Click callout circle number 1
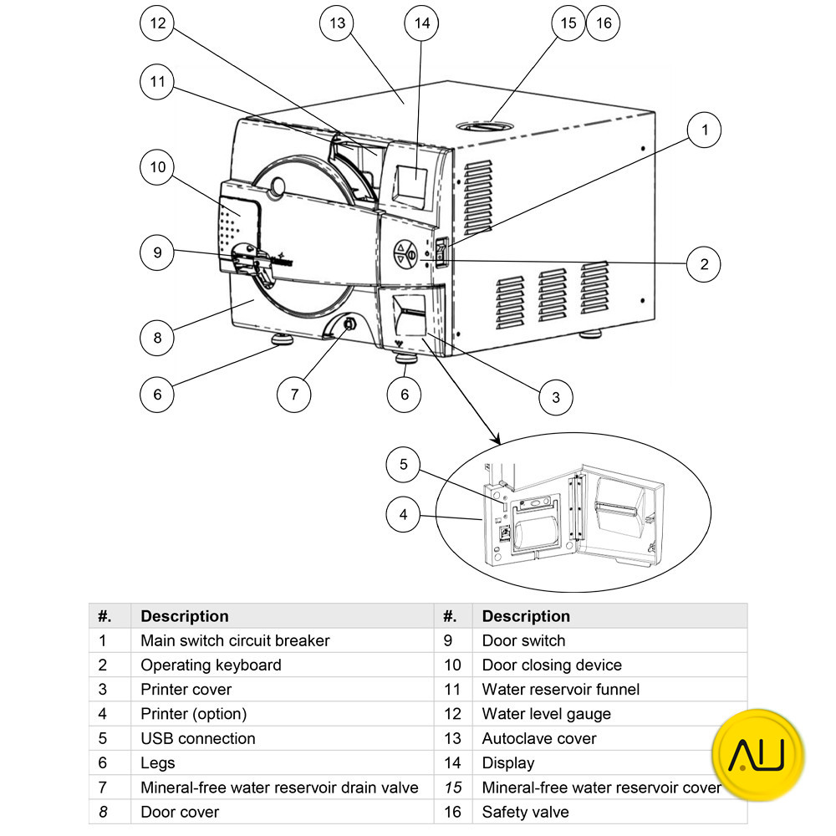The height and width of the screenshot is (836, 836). (x=705, y=130)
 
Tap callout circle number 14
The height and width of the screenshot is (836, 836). (x=422, y=23)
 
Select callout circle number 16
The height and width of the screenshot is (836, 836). (x=603, y=23)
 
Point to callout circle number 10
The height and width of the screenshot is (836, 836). (x=157, y=167)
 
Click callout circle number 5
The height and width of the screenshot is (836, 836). (x=404, y=465)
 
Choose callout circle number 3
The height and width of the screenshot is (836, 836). (x=556, y=398)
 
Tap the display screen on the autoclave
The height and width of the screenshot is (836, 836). (x=410, y=186)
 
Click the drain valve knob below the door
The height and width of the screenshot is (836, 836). (x=349, y=324)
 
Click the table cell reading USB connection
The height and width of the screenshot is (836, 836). (x=198, y=738)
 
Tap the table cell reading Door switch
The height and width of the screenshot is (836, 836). (x=524, y=640)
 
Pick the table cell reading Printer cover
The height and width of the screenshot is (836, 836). (x=186, y=690)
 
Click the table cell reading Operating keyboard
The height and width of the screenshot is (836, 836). (x=211, y=665)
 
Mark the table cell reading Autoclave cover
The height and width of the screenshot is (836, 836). (x=539, y=738)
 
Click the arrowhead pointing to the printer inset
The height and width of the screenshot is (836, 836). (x=494, y=438)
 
